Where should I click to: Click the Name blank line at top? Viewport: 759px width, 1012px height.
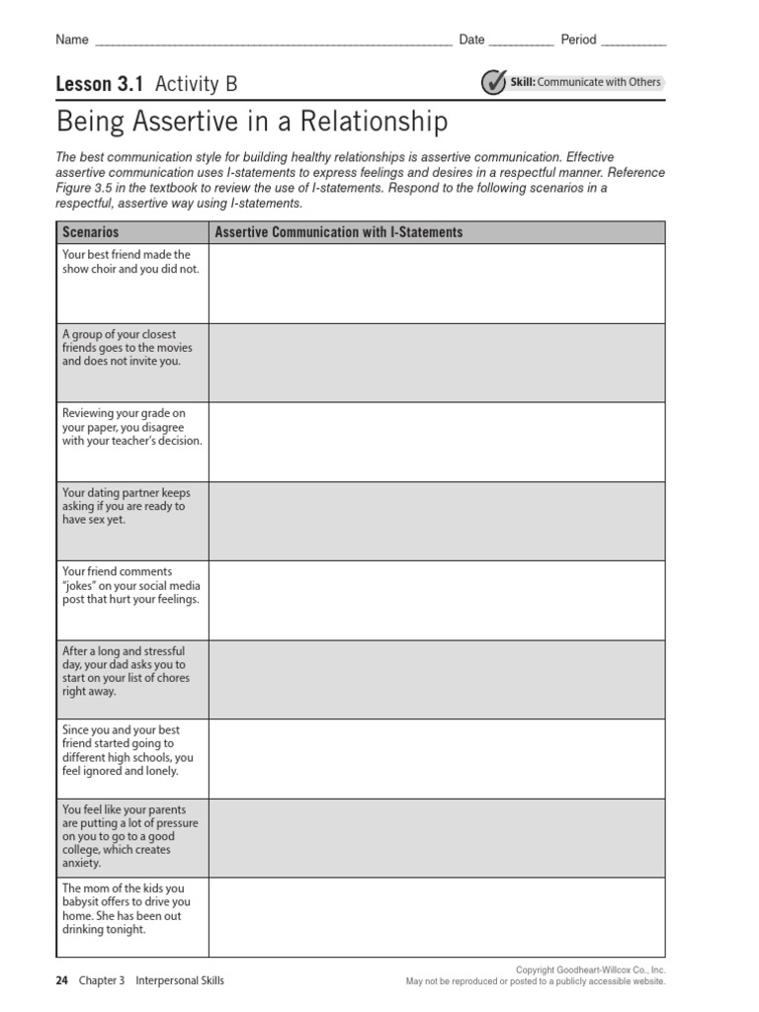[272, 42]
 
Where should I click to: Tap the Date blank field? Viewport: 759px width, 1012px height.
[521, 42]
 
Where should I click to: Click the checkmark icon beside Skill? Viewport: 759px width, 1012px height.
[493, 83]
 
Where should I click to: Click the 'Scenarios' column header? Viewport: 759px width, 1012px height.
[91, 232]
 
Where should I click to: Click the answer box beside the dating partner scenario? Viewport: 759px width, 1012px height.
[437, 521]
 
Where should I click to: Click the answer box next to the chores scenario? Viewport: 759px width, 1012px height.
[437, 679]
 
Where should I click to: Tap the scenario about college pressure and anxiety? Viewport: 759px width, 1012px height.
[129, 836]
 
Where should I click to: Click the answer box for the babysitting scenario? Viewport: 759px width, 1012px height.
[437, 917]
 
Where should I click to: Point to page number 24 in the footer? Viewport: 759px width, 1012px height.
[62, 981]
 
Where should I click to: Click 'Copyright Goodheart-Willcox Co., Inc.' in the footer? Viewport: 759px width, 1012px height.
[590, 970]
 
